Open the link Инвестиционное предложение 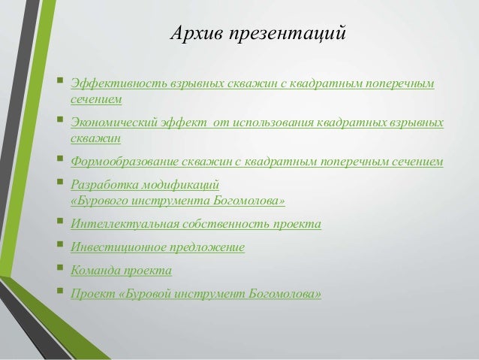(x=157, y=247)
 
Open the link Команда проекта (x=120, y=270)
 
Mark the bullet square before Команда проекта (x=59, y=269)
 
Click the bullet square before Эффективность (x=59, y=80)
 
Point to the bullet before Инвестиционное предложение (x=59, y=246)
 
